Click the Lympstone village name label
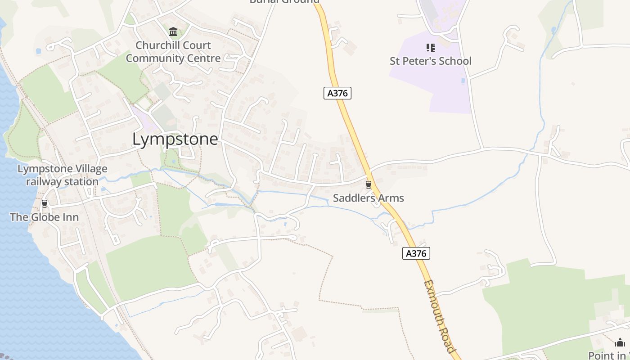(x=175, y=139)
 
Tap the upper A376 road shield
(x=337, y=93)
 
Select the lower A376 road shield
(x=416, y=253)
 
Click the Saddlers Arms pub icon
(x=369, y=184)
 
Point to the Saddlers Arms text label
(x=368, y=198)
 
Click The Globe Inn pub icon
(x=45, y=203)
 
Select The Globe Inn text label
(x=44, y=217)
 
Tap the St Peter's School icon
(x=430, y=47)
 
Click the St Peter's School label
(x=430, y=61)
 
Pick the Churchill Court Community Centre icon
(x=173, y=31)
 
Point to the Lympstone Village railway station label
(x=62, y=175)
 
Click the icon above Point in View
(x=620, y=342)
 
